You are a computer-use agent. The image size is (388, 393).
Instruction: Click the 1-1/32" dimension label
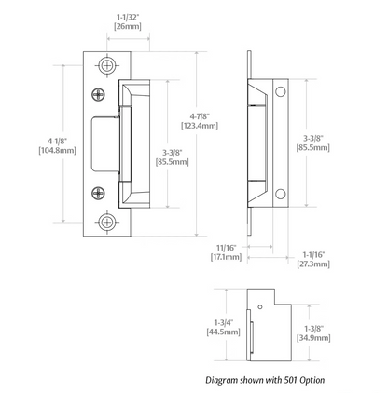[128, 17]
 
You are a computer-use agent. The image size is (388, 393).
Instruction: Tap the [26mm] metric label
[128, 26]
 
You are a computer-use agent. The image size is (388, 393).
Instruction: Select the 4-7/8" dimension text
[200, 116]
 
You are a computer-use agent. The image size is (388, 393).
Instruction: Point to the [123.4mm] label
[200, 126]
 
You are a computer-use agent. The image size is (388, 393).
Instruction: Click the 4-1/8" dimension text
[57, 141]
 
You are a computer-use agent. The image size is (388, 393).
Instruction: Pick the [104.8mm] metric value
[57, 151]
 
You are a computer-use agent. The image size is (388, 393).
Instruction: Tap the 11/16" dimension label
[227, 248]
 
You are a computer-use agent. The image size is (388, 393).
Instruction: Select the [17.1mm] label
[226, 257]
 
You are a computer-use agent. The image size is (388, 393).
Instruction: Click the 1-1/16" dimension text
[313, 255]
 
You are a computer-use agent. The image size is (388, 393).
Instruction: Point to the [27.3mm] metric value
[313, 264]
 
